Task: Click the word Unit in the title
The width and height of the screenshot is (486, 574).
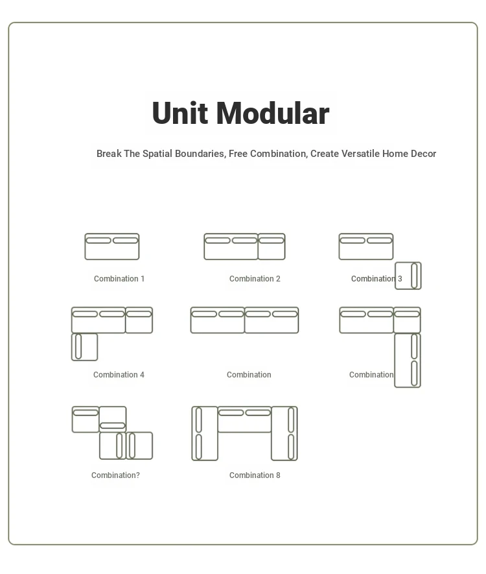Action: pyautogui.click(x=180, y=113)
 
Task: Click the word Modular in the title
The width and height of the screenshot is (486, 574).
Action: pyautogui.click(x=273, y=113)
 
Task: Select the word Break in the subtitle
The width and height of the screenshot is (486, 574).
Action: pyautogui.click(x=109, y=153)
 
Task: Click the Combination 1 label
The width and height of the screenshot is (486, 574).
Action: pyautogui.click(x=119, y=279)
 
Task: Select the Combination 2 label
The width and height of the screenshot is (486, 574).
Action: pyautogui.click(x=255, y=279)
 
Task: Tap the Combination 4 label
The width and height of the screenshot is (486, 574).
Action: pyautogui.click(x=119, y=374)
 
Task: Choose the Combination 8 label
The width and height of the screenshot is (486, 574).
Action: pyautogui.click(x=255, y=475)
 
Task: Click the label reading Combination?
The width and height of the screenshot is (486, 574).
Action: pyautogui.click(x=115, y=475)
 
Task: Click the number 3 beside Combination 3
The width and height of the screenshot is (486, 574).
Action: pyautogui.click(x=400, y=279)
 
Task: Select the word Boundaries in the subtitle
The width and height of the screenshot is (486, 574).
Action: pyautogui.click(x=200, y=153)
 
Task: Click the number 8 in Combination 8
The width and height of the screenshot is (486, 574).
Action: pyautogui.click(x=278, y=475)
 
